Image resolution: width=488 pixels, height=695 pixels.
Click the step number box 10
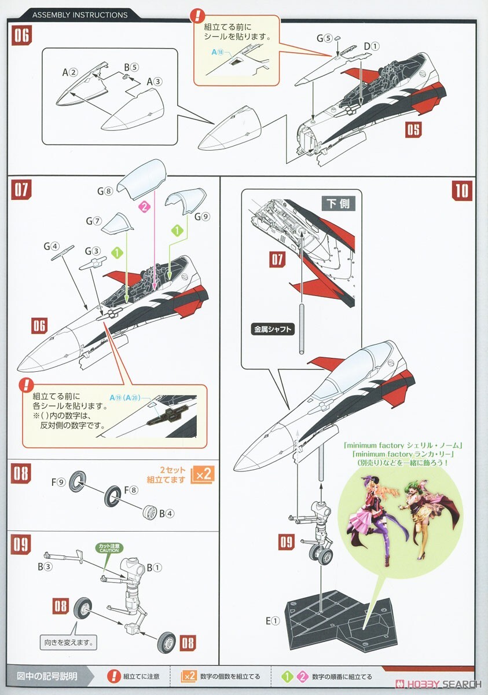463,190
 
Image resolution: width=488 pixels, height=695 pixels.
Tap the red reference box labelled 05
413,129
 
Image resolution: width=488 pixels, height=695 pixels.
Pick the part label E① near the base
273,621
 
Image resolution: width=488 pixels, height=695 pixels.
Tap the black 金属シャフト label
273,330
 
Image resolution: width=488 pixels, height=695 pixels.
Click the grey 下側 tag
339,203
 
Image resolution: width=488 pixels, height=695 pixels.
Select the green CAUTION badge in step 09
107,547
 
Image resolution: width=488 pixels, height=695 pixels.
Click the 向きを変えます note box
69,642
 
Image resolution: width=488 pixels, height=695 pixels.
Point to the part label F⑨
57,482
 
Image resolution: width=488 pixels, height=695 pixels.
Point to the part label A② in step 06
69,73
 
